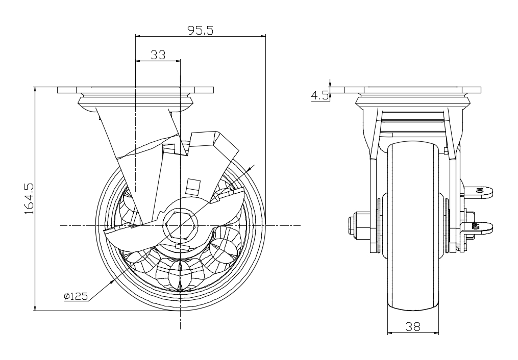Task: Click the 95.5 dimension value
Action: point(200,30)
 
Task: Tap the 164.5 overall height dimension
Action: point(29,198)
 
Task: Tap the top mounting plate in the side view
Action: point(135,90)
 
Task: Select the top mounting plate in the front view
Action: point(413,90)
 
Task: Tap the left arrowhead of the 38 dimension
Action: point(389,332)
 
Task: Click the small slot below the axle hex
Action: point(182,247)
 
